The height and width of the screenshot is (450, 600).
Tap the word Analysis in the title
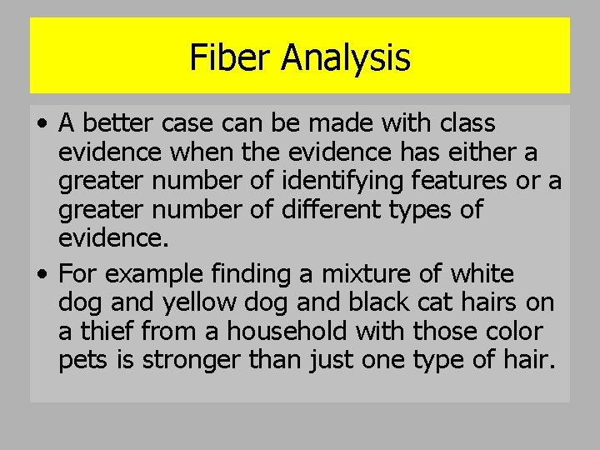click(x=345, y=57)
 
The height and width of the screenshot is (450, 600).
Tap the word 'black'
click(x=369, y=303)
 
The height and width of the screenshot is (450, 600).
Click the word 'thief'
click(x=105, y=332)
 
